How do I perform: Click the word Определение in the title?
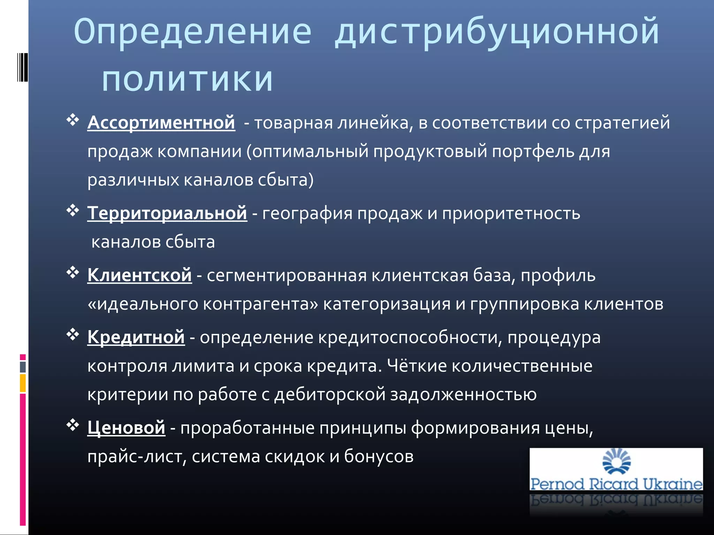point(192,32)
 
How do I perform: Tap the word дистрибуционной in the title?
point(496,32)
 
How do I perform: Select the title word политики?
point(187,79)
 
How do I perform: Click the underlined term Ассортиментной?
point(161,123)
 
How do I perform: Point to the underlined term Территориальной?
point(167,213)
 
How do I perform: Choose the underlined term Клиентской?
point(139,275)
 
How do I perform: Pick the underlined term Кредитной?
point(136,337)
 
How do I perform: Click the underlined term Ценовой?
point(126,427)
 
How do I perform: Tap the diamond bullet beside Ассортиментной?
point(73,120)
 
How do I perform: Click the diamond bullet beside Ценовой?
point(73,425)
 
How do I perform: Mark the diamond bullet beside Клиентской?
point(73,272)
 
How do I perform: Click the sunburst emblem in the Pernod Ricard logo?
point(616,462)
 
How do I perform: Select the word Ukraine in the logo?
point(672,484)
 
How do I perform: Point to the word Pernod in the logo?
point(557,484)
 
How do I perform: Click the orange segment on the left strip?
point(23,383)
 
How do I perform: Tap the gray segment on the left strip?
point(23,367)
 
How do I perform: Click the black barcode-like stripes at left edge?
point(22,67)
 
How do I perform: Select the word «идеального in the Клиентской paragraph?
point(143,304)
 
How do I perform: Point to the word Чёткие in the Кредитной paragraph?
point(417,366)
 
